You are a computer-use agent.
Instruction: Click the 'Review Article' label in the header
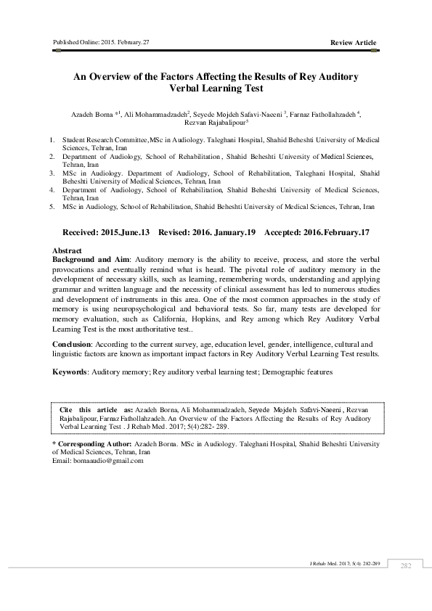[x=353, y=43]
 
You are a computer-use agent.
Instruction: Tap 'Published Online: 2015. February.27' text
[x=101, y=42]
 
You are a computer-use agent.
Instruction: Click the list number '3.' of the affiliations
[x=51, y=174]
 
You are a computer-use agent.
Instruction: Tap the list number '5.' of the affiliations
[x=51, y=207]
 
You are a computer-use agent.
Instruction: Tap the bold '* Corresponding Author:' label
[x=93, y=442]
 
